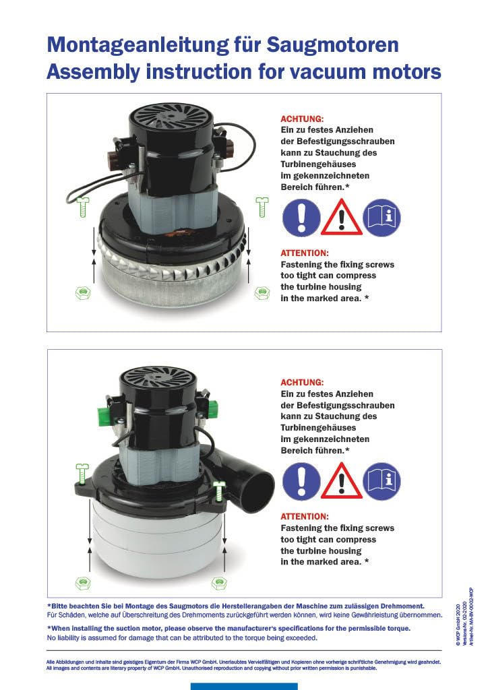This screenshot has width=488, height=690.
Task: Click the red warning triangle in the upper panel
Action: pyautogui.click(x=342, y=217)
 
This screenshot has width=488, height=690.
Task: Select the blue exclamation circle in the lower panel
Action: pyautogui.click(x=301, y=481)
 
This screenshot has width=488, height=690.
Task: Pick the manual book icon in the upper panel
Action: pyautogui.click(x=382, y=217)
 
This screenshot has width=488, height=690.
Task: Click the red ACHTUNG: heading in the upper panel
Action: pyautogui.click(x=302, y=119)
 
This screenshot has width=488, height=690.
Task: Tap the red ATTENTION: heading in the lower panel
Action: pyautogui.click(x=305, y=517)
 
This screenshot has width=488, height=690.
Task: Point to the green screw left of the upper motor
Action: pyautogui.click(x=83, y=207)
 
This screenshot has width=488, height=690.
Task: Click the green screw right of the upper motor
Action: pyautogui.click(x=262, y=207)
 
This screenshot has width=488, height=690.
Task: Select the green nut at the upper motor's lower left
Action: pyautogui.click(x=83, y=292)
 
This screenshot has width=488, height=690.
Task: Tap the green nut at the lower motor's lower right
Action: pyautogui.click(x=219, y=584)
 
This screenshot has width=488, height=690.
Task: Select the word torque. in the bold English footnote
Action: pyautogui.click(x=398, y=629)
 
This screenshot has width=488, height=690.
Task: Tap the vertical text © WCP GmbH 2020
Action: pyautogui.click(x=458, y=625)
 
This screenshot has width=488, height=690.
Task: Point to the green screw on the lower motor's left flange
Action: pyautogui.click(x=82, y=474)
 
